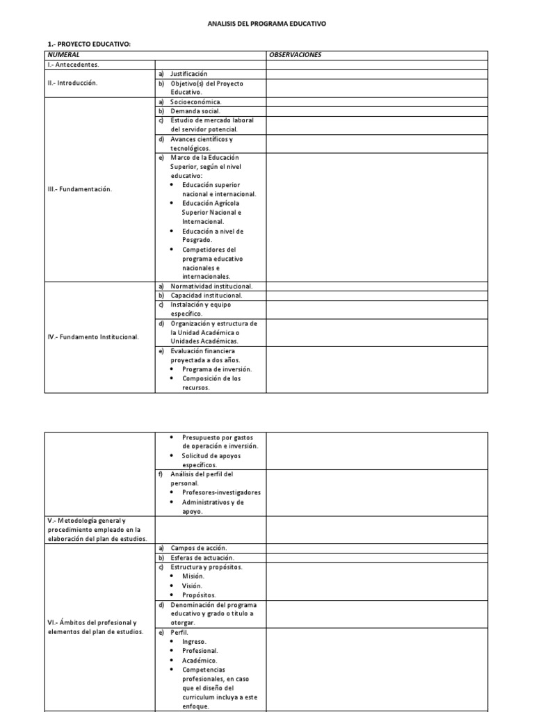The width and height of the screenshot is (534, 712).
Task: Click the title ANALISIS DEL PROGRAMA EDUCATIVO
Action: click(x=267, y=24)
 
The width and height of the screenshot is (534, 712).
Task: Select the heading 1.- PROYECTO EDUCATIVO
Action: click(x=84, y=44)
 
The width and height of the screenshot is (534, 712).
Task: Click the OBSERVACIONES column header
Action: click(x=295, y=54)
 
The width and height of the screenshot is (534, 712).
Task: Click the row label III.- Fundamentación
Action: click(x=76, y=188)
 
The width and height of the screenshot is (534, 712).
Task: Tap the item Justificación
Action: click(x=188, y=74)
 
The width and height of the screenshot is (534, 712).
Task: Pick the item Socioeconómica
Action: click(x=195, y=102)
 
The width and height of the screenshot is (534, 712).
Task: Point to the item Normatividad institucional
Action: click(x=211, y=286)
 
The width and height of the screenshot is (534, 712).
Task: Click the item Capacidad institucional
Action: click(x=206, y=295)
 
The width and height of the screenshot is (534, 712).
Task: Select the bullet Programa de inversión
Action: click(x=217, y=369)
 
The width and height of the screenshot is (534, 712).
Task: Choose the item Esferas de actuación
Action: click(x=202, y=558)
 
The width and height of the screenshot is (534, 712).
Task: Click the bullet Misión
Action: click(x=193, y=576)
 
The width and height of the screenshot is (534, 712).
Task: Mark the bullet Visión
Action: click(x=193, y=585)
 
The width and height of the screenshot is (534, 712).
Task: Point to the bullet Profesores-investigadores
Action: click(x=221, y=492)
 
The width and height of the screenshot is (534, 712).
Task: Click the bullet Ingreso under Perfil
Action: click(x=195, y=641)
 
